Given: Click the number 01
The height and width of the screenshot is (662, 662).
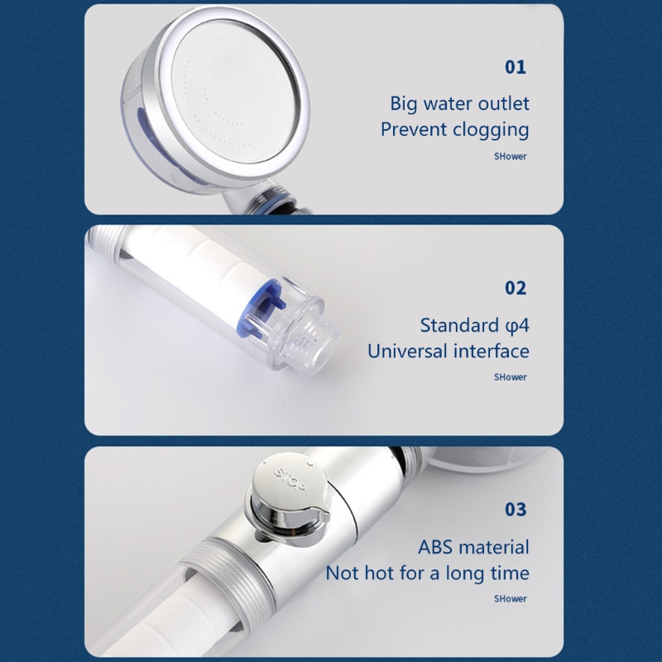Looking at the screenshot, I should (516, 67).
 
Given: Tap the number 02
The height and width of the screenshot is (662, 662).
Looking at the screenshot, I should (516, 288).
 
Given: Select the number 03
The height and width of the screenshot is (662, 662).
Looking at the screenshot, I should (516, 509).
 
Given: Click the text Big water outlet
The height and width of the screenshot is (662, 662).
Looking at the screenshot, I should (459, 103).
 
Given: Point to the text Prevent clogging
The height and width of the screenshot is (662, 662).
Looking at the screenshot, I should (454, 130).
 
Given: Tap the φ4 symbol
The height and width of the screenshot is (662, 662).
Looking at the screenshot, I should (517, 325).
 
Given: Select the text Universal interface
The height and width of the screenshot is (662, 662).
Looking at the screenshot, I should (448, 351).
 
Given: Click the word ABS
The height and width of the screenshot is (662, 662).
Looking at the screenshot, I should (436, 547).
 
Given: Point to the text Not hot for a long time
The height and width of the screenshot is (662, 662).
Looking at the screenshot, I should (427, 573).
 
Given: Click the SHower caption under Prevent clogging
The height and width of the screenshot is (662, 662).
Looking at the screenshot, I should (511, 156).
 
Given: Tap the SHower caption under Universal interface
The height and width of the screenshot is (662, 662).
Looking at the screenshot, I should (511, 377).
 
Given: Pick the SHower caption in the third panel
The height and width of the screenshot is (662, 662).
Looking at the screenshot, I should (511, 598).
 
